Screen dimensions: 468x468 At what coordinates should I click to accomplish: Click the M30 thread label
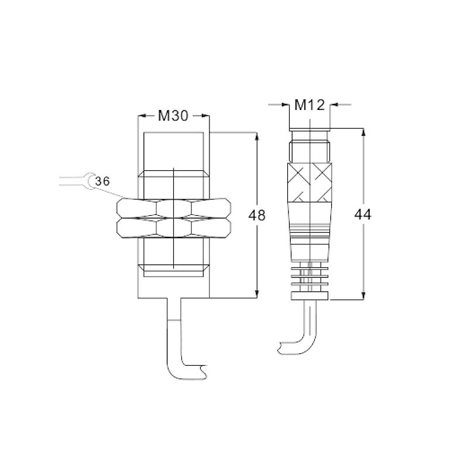click(173, 116)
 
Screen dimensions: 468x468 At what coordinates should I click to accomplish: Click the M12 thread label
click(309, 105)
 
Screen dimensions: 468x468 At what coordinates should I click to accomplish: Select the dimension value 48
click(257, 215)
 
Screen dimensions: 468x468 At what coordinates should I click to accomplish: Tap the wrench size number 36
click(102, 181)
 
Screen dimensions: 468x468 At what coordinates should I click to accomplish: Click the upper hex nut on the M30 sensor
click(174, 208)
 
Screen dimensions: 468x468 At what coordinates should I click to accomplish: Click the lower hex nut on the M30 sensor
click(174, 228)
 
